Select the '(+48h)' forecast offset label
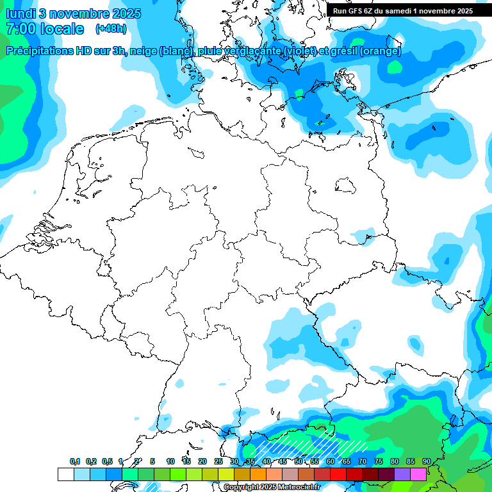click(111, 29)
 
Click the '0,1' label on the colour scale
click(75, 461)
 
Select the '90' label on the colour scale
click(426, 461)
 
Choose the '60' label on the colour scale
click(330, 461)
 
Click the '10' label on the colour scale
click(170, 461)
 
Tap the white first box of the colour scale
click(65, 474)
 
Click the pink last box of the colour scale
click(418, 474)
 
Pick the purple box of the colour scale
click(402, 474)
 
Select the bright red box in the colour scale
click(338, 474)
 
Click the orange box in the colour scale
click(258, 474)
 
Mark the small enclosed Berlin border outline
click(345, 186)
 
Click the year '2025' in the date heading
click(127, 13)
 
